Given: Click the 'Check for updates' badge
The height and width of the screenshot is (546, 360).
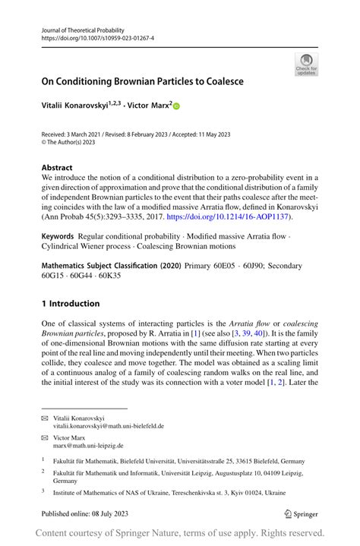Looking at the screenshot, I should [x=306, y=64].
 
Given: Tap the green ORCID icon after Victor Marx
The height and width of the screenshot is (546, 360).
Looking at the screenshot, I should [x=177, y=106].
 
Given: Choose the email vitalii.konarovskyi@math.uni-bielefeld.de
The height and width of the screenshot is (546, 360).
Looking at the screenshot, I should [x=108, y=426].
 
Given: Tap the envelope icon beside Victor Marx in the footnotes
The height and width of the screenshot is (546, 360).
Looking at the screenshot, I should [x=44, y=437].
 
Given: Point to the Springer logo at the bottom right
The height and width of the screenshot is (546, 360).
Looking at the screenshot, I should [x=300, y=513].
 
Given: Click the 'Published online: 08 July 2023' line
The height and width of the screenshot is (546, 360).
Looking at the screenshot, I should [x=86, y=513].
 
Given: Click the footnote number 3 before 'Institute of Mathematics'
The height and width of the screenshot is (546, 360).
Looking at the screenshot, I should [x=43, y=491].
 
